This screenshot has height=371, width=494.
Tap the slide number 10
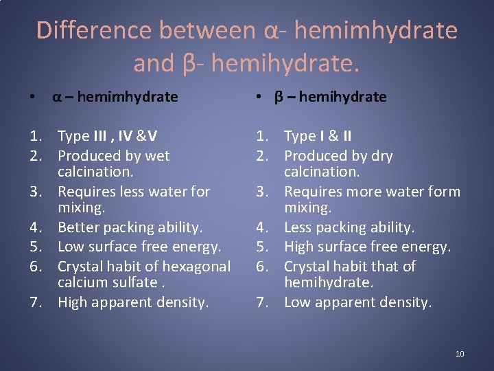pos(459,353)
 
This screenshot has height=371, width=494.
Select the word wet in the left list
pos(158,156)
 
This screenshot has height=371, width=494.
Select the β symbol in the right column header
pos(279,97)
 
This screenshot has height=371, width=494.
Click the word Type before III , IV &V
pos(74,136)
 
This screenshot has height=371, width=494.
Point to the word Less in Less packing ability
pos(299,227)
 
